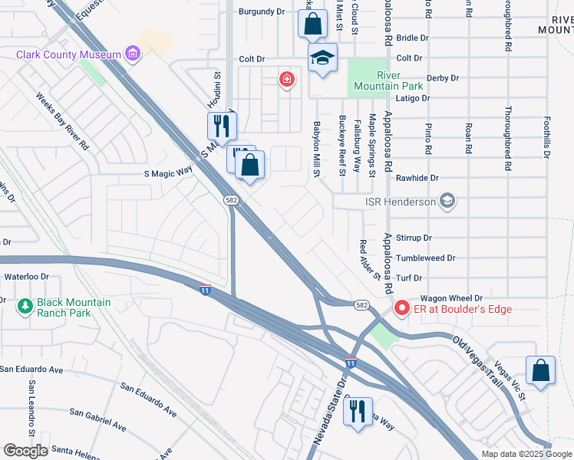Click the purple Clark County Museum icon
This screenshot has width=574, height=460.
pos(134,54)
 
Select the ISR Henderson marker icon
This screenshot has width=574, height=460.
pos(448,202)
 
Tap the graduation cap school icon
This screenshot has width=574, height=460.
pos(323,58)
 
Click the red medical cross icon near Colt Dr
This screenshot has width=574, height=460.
pos(287,79)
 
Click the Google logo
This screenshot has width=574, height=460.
pos(25,451)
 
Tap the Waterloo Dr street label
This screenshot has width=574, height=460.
pos(27,276)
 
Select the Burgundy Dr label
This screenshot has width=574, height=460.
pos(262,11)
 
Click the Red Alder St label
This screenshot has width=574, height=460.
pos(370,259)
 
